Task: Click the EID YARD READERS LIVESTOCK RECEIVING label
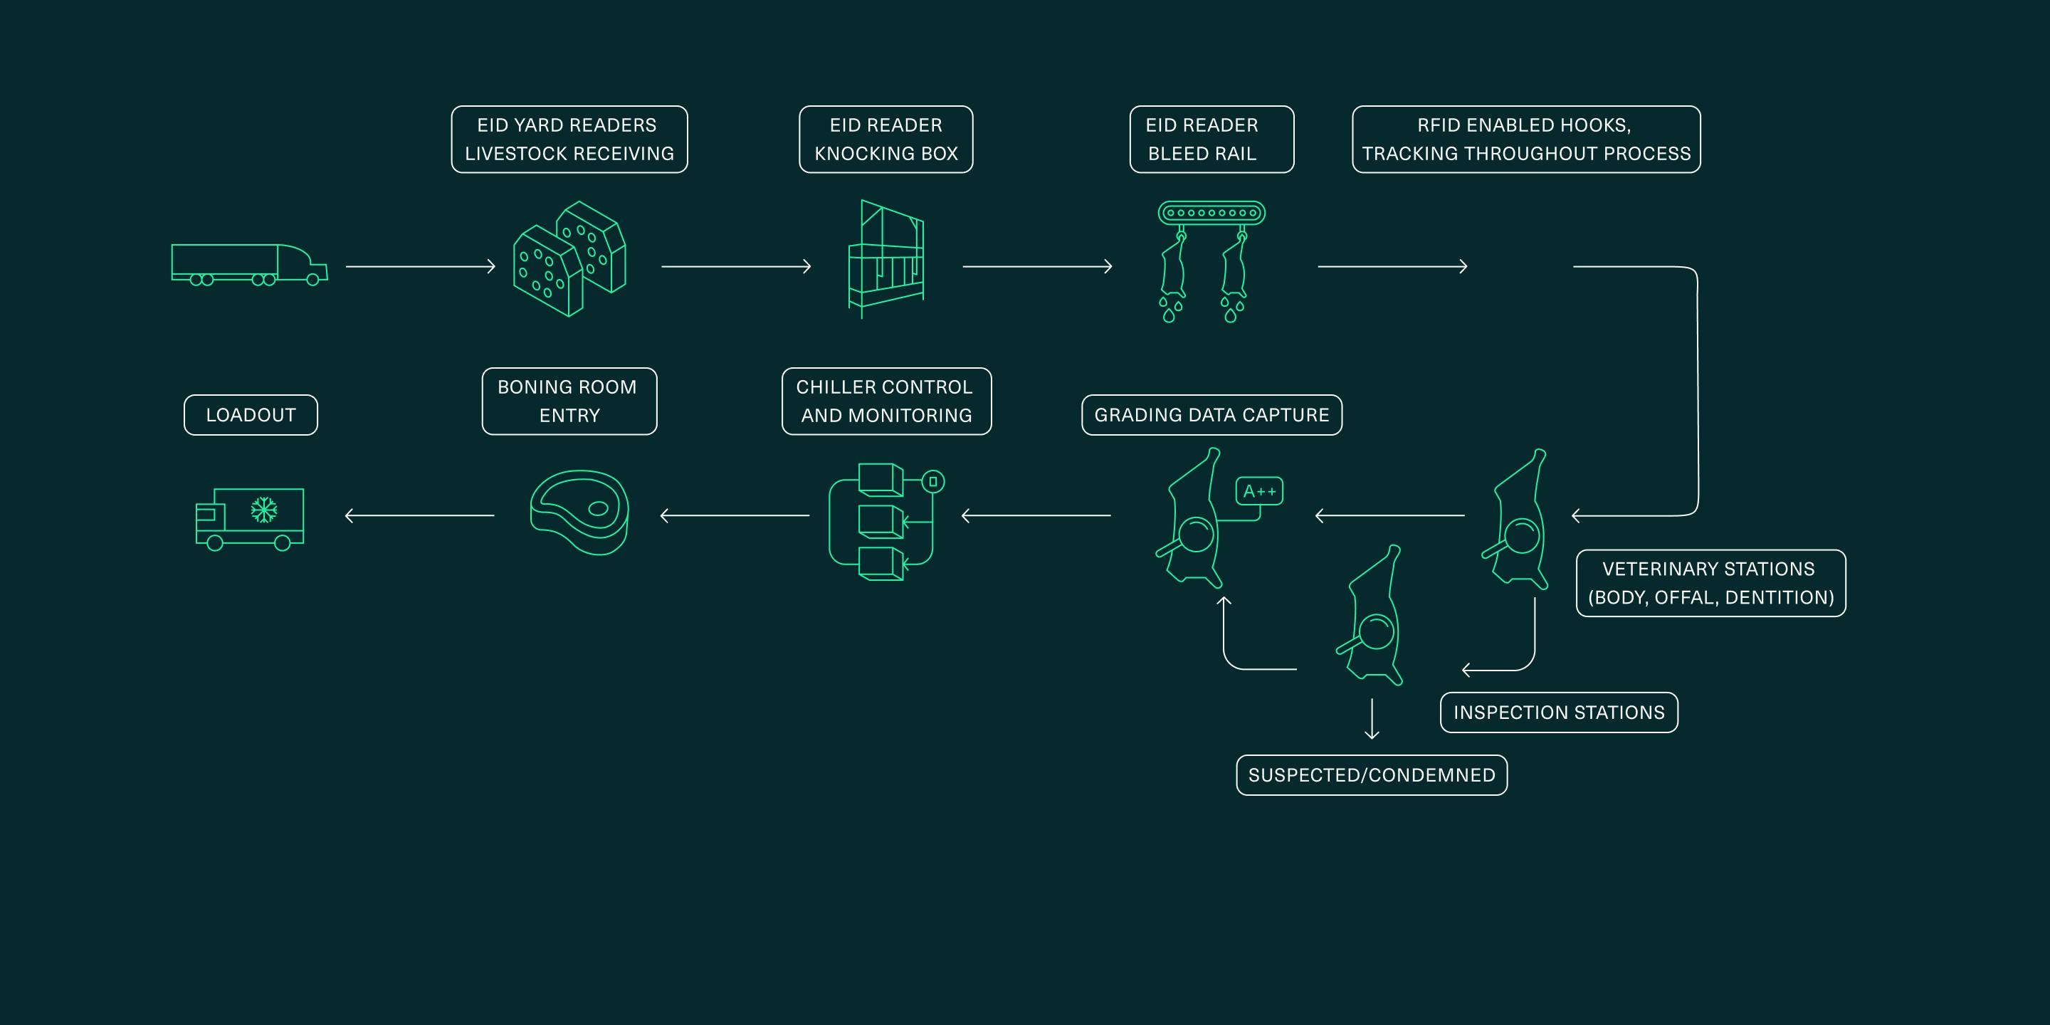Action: tap(569, 140)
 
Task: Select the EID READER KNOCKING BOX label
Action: tap(885, 140)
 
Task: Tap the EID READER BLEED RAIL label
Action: tap(1211, 140)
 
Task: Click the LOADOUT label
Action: tap(251, 414)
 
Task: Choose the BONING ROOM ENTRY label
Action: tap(569, 401)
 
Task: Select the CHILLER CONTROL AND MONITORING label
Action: tap(886, 401)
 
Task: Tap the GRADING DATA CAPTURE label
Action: tap(1211, 414)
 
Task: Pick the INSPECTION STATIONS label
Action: tap(1559, 713)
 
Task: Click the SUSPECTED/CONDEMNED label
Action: tap(1371, 775)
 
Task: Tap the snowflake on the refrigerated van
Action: tap(263, 510)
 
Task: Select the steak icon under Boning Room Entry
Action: tap(579, 512)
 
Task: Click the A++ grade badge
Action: tap(1259, 491)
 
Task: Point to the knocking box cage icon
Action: tap(885, 258)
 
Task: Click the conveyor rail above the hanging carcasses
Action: tap(1211, 214)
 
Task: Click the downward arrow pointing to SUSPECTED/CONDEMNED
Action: tap(1371, 719)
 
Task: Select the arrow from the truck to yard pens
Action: tap(420, 267)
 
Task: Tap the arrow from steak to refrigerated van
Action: tap(419, 515)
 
